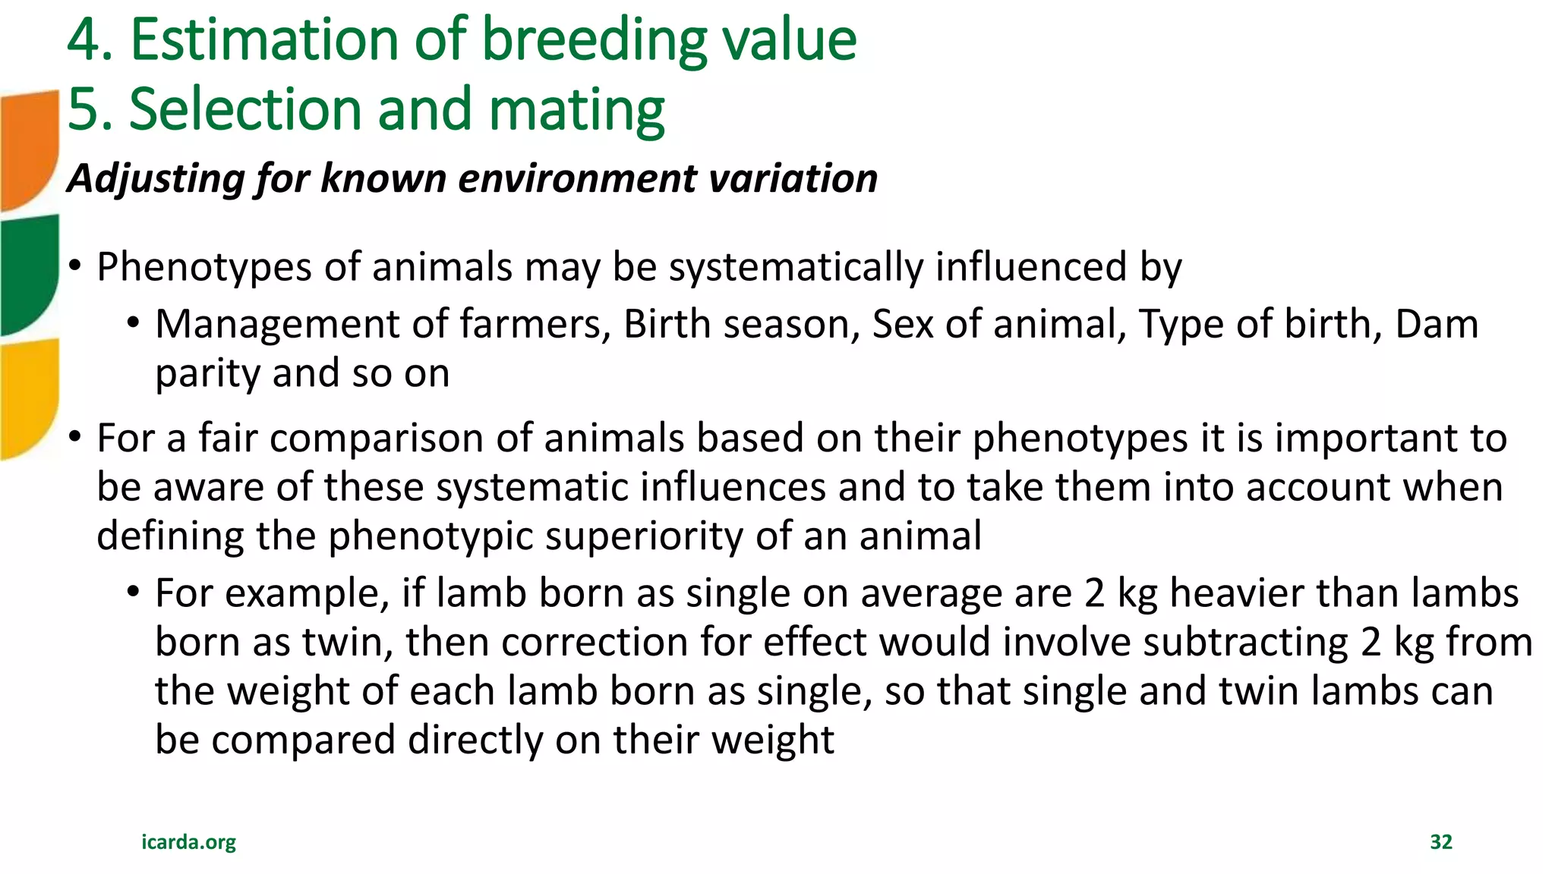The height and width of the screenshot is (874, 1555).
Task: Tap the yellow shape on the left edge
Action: (29, 398)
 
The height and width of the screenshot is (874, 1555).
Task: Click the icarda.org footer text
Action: (188, 841)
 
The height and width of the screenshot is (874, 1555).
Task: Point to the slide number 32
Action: (1440, 841)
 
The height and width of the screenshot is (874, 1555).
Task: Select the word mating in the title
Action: (576, 109)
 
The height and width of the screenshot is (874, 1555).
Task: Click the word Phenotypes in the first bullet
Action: (203, 267)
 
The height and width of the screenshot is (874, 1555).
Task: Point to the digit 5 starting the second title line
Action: (84, 109)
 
